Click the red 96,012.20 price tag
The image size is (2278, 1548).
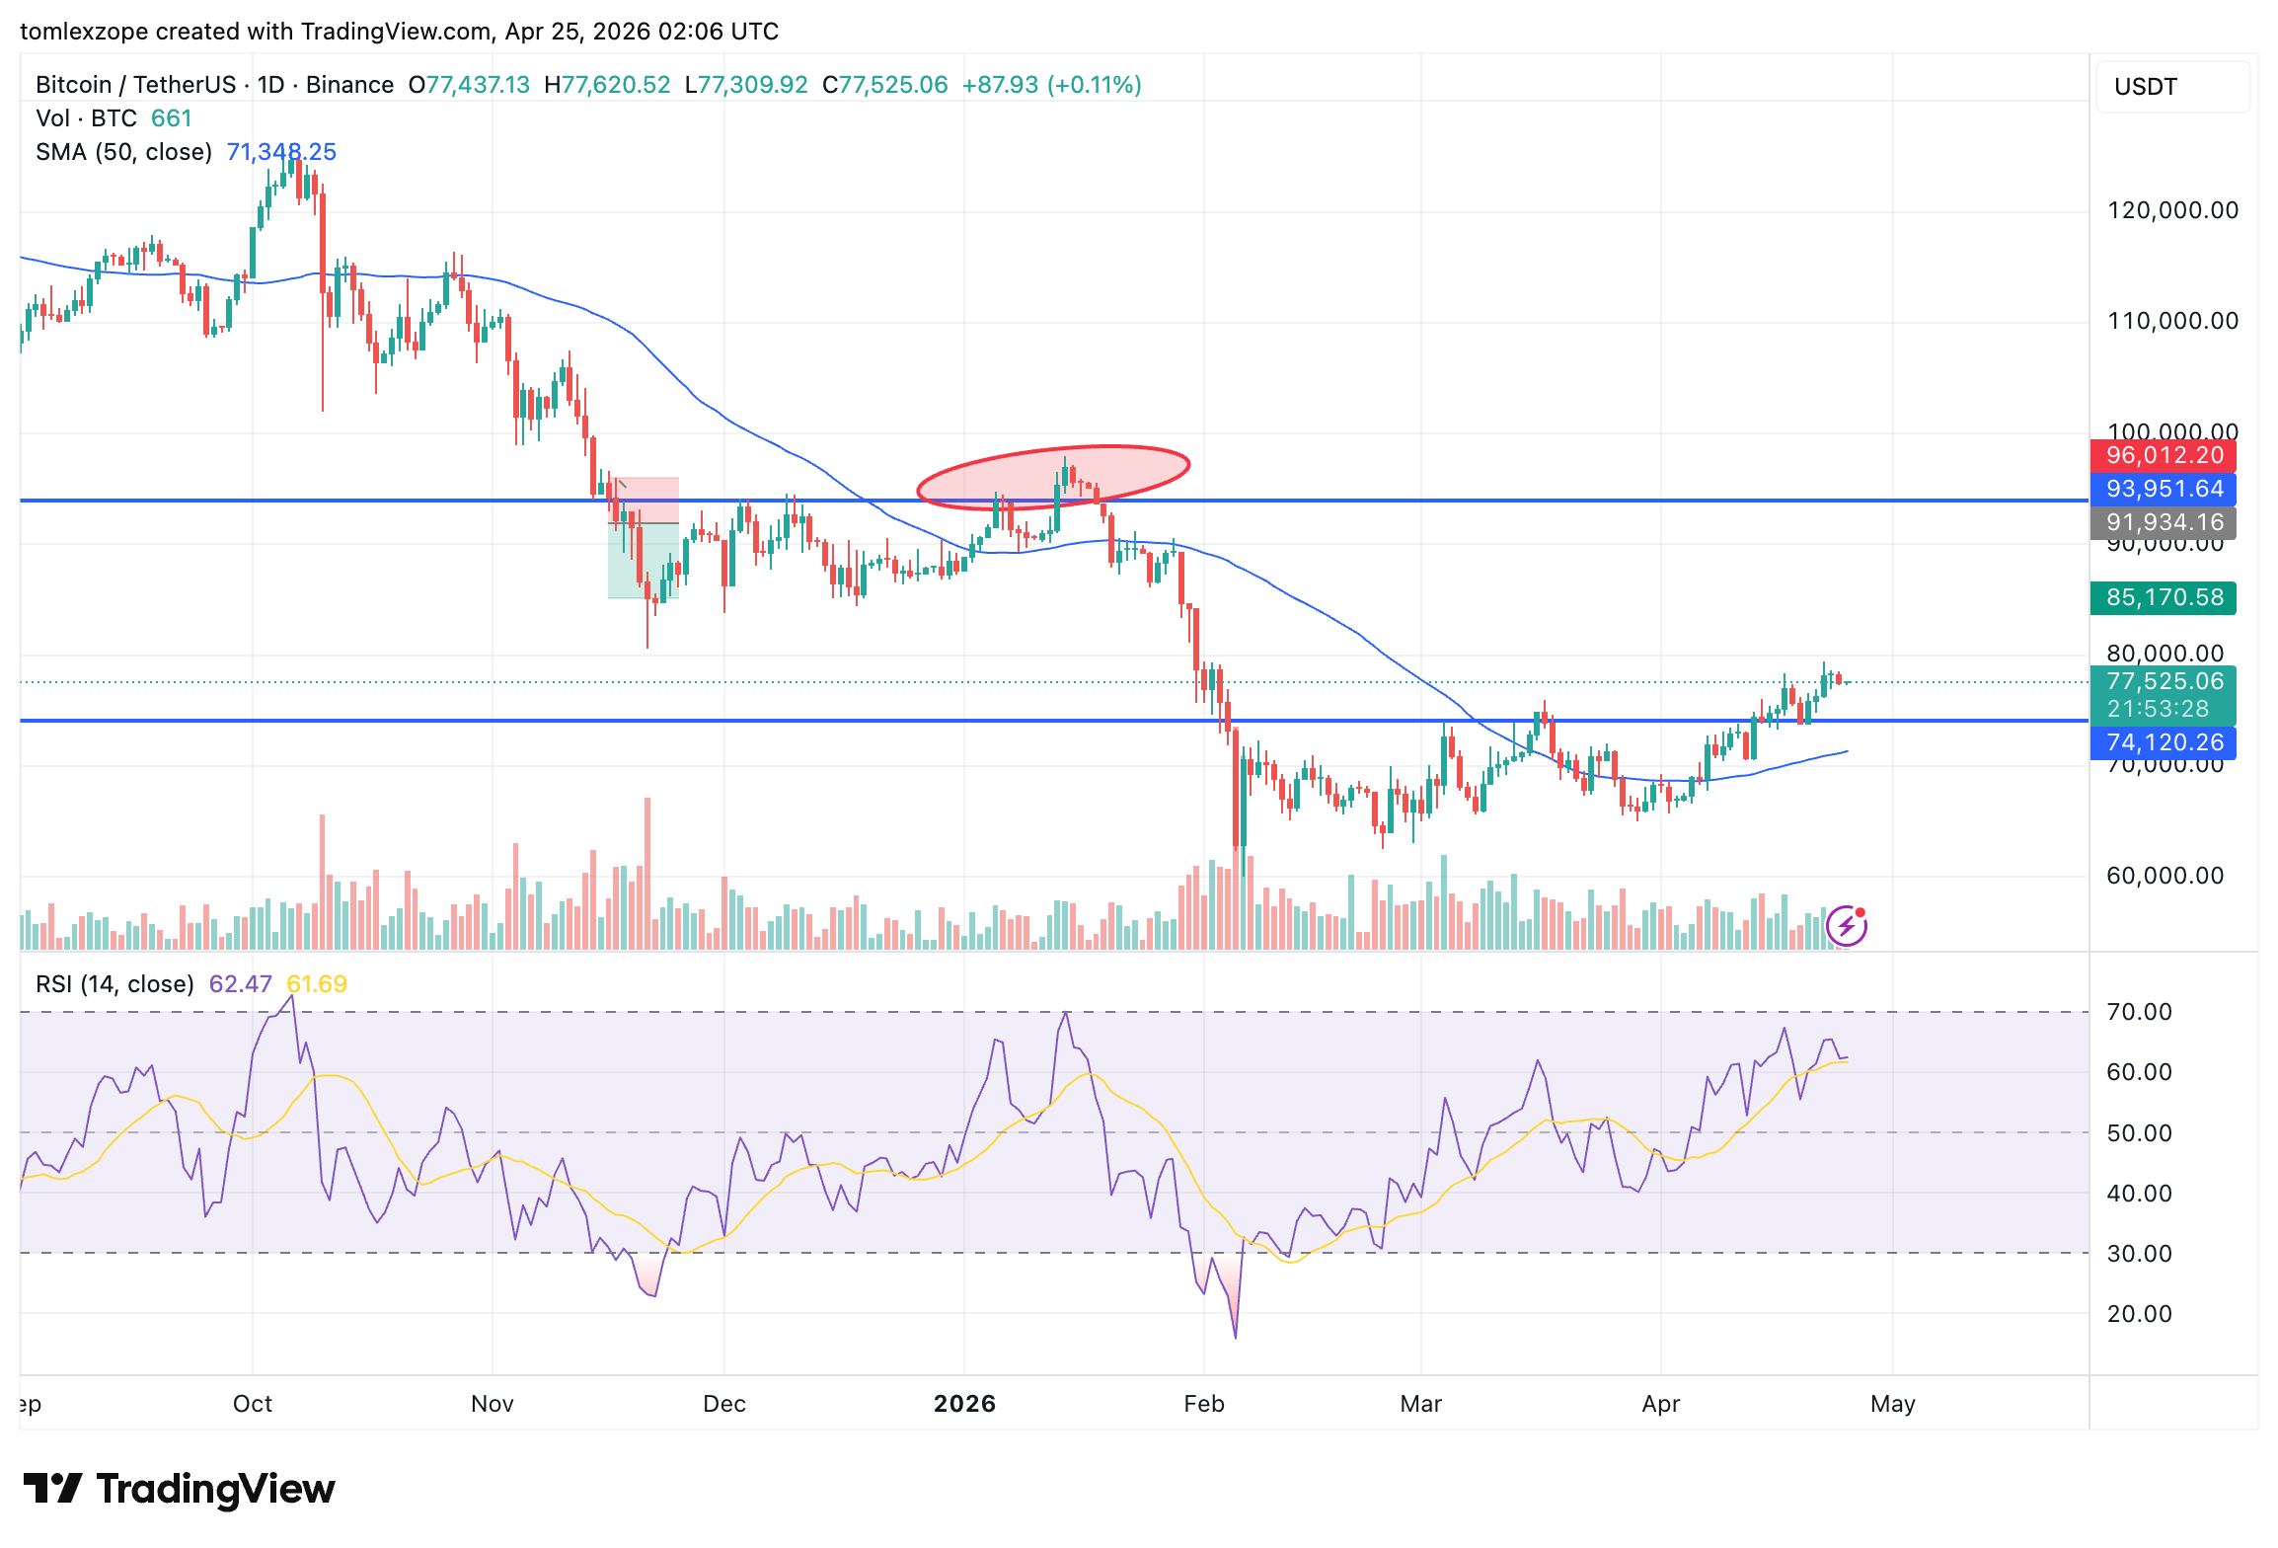point(2163,456)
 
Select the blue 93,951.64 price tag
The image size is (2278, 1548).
point(2163,490)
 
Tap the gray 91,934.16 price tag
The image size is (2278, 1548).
point(2163,522)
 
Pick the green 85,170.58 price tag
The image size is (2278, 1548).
point(2163,597)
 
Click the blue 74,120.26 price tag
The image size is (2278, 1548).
point(2163,742)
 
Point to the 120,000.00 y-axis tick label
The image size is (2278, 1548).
point(2171,210)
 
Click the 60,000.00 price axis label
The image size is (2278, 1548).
point(2164,876)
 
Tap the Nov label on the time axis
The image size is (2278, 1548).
point(493,1404)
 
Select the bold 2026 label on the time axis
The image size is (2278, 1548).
point(964,1404)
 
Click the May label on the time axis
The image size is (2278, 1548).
point(1892,1404)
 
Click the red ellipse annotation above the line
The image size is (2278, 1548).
point(1053,478)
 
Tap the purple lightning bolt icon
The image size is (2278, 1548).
point(1846,926)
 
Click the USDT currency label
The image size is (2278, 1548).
point(2145,87)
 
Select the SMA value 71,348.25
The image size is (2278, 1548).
point(281,152)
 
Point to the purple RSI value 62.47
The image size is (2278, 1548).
point(240,984)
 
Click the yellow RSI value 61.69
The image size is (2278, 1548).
point(316,984)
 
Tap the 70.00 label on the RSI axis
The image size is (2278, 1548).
point(2139,1012)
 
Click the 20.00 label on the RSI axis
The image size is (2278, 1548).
point(2139,1314)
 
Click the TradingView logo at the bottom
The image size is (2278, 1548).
point(179,1489)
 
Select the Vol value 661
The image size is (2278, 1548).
point(171,118)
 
